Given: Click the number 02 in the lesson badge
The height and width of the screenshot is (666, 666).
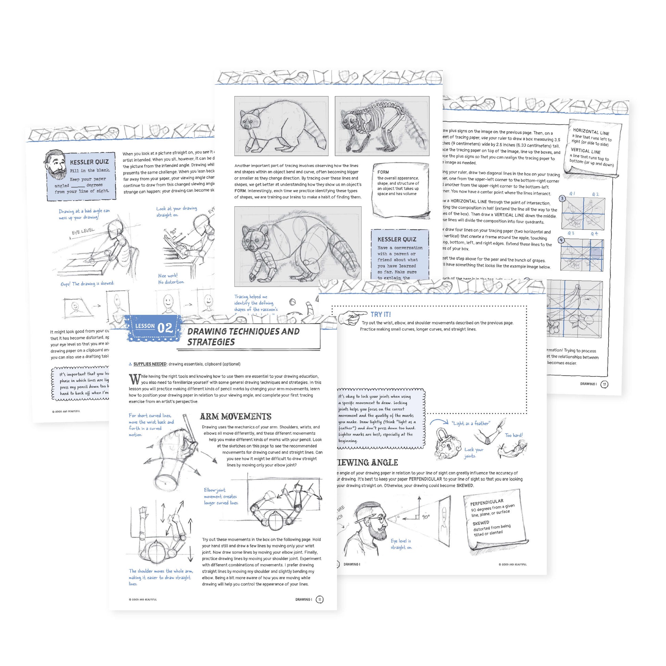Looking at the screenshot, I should pyautogui.click(x=165, y=328).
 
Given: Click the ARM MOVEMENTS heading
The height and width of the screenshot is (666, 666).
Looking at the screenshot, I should pyautogui.click(x=235, y=417).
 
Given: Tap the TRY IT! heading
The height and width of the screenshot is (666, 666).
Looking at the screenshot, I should pyautogui.click(x=381, y=315).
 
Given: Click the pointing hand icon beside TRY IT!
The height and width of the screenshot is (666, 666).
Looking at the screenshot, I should pyautogui.click(x=352, y=317).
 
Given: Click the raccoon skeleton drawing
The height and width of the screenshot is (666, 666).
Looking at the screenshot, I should pyautogui.click(x=382, y=126).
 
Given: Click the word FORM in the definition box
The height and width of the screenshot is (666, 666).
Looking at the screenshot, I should pyautogui.click(x=383, y=172).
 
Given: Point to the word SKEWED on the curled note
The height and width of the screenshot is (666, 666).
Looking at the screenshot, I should pyautogui.click(x=481, y=523).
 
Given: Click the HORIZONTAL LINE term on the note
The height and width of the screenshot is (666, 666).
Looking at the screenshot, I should pyautogui.click(x=591, y=131).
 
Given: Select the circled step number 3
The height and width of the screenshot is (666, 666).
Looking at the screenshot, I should pyautogui.click(x=562, y=198).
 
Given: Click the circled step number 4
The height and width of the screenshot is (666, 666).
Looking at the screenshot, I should pyautogui.click(x=562, y=240).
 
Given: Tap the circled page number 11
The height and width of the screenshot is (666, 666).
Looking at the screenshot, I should pyautogui.click(x=320, y=600).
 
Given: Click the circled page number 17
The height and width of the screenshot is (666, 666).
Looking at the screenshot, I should pyautogui.click(x=604, y=384).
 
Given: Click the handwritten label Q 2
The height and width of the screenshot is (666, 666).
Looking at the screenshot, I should pyautogui.click(x=595, y=194).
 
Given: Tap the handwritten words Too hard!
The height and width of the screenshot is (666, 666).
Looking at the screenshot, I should pyautogui.click(x=513, y=435).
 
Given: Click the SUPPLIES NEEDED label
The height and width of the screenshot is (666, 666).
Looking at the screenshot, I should pyautogui.click(x=150, y=364).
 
